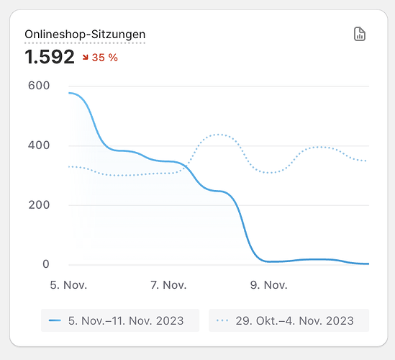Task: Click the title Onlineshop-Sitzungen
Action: pyautogui.click(x=85, y=35)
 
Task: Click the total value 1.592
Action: pyautogui.click(x=50, y=57)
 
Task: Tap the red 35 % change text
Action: pyautogui.click(x=105, y=58)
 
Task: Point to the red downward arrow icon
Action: pyautogui.click(x=86, y=58)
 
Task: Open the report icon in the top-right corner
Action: pyautogui.click(x=360, y=35)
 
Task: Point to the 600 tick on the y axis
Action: pyautogui.click(x=39, y=86)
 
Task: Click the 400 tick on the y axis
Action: pyautogui.click(x=39, y=145)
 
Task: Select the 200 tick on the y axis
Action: pyautogui.click(x=39, y=205)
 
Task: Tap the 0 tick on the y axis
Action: pyautogui.click(x=45, y=264)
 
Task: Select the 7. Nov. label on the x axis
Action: pyautogui.click(x=168, y=285)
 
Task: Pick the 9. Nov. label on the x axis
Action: pyautogui.click(x=268, y=285)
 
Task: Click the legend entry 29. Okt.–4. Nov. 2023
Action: pyautogui.click(x=289, y=320)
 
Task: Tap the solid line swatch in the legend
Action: pyautogui.click(x=55, y=320)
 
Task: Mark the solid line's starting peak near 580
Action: pyautogui.click(x=70, y=93)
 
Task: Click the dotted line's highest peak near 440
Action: pyautogui.click(x=219, y=135)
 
